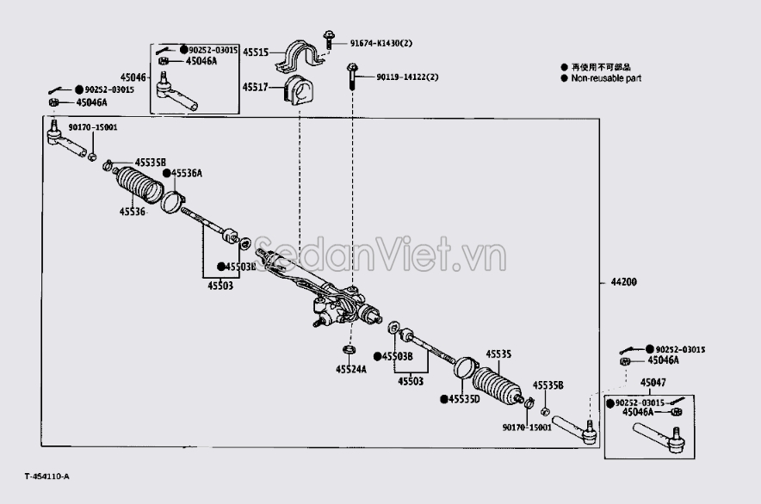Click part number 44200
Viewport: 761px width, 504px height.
click(x=624, y=283)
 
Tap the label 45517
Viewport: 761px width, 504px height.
click(x=256, y=87)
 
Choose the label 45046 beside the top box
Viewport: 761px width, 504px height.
click(x=139, y=77)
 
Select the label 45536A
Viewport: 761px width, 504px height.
click(x=187, y=173)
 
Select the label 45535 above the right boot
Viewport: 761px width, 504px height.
click(x=498, y=353)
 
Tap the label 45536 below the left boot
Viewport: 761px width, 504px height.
click(x=133, y=211)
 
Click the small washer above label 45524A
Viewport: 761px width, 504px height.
click(x=350, y=350)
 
